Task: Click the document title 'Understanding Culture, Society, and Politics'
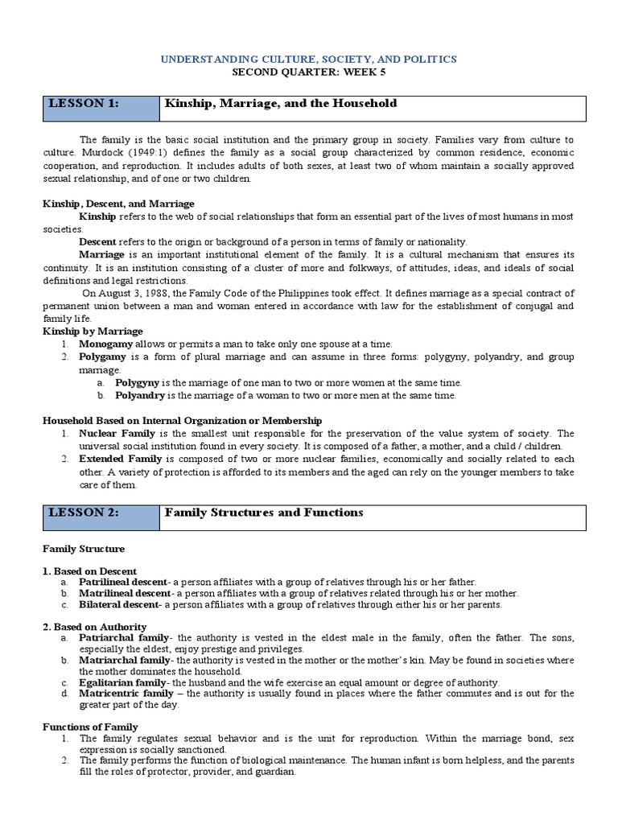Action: [309, 60]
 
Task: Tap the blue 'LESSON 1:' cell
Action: [101, 108]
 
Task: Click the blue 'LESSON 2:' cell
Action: [101, 517]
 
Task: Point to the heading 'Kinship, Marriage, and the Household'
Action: [281, 104]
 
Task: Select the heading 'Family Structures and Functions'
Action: [264, 513]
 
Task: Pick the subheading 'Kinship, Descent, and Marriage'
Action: [118, 204]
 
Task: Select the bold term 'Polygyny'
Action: [138, 382]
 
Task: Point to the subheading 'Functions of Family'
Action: [90, 727]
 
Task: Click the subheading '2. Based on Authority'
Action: [94, 626]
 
